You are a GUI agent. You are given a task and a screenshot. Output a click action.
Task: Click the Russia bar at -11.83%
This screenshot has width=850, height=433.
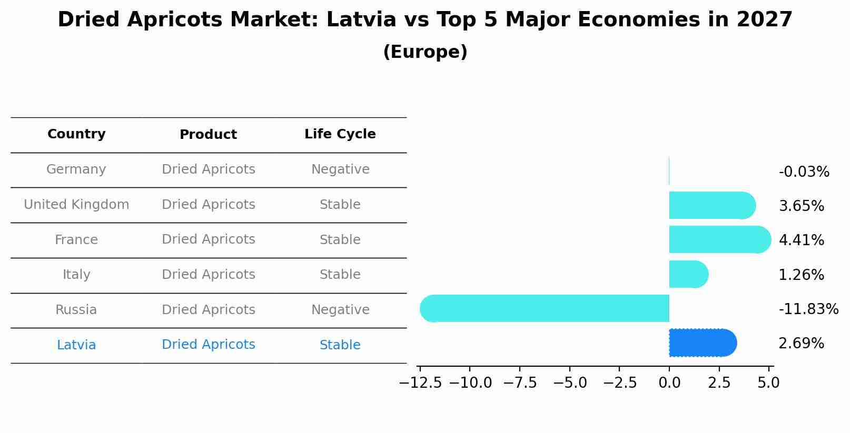click(x=545, y=308)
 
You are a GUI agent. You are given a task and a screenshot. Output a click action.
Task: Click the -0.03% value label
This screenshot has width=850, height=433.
click(x=804, y=172)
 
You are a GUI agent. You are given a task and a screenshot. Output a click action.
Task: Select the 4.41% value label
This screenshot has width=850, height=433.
click(x=801, y=240)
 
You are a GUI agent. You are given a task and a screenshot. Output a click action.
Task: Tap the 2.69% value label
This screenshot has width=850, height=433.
click(x=801, y=344)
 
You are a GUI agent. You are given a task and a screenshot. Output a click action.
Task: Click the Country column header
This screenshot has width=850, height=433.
click(x=76, y=134)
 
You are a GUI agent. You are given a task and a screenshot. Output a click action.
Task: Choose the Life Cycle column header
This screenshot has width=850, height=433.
click(x=340, y=134)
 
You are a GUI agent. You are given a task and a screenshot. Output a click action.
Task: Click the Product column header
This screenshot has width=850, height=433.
click(x=208, y=135)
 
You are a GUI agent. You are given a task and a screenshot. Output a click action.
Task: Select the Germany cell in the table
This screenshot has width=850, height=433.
click(x=76, y=169)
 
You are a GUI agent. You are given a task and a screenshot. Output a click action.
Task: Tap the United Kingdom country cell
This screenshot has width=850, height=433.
click(x=76, y=205)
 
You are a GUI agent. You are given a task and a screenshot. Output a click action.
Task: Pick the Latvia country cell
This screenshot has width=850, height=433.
click(x=76, y=345)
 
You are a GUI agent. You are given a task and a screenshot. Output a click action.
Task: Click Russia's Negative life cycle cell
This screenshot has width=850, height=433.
click(x=340, y=310)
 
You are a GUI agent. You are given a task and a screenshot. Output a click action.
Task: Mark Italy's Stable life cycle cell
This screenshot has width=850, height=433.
click(x=340, y=275)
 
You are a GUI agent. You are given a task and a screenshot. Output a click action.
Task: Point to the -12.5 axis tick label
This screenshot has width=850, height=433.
click(x=420, y=383)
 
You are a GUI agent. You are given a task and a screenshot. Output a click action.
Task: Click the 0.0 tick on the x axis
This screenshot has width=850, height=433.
click(x=669, y=383)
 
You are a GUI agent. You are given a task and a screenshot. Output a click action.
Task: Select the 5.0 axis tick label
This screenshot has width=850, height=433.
click(x=768, y=383)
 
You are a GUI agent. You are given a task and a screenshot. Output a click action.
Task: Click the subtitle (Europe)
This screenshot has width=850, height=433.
click(x=425, y=52)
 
